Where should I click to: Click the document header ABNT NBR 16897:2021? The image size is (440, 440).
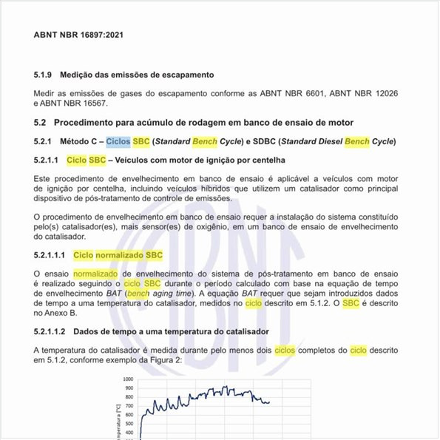(x=78, y=35)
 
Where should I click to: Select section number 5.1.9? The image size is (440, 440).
(x=44, y=75)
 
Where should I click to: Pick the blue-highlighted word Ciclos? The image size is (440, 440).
(x=118, y=141)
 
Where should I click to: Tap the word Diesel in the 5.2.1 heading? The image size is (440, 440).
(x=324, y=141)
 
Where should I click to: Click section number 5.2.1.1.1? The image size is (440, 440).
(x=50, y=255)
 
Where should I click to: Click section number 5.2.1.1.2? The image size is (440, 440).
(x=50, y=331)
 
